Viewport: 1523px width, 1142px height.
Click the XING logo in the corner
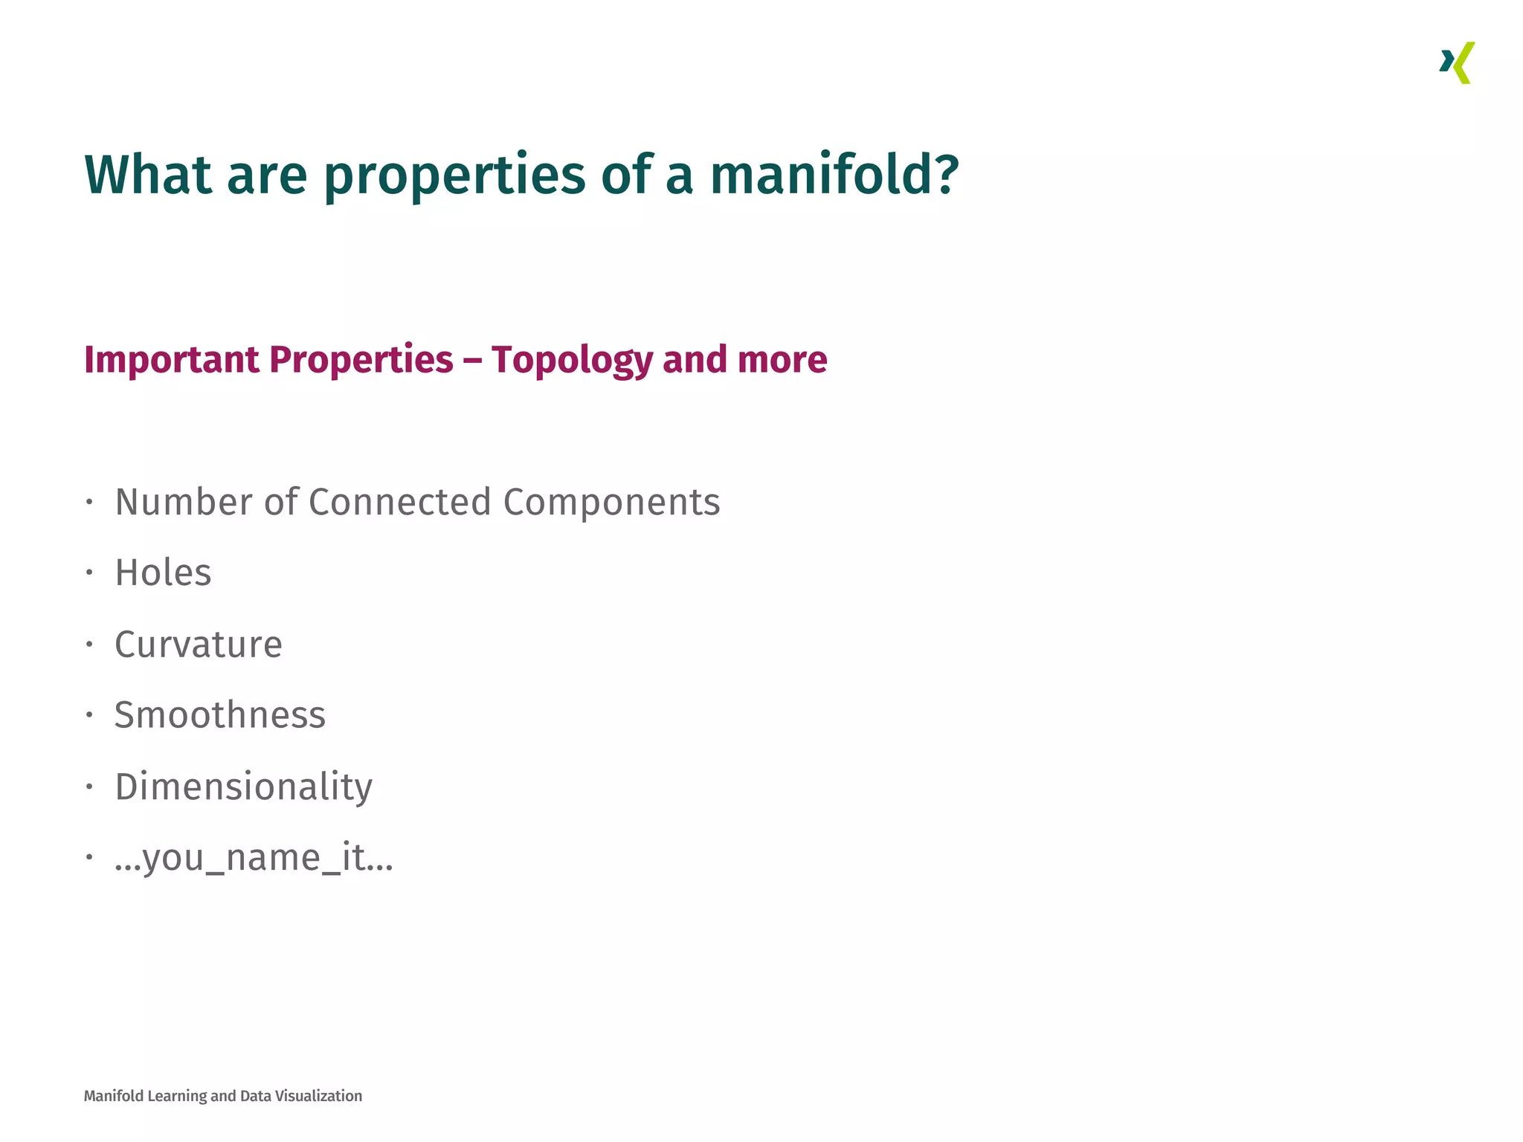pyautogui.click(x=1457, y=63)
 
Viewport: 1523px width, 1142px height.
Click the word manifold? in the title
pyautogui.click(x=834, y=175)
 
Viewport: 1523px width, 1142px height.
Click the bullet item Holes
pyautogui.click(x=163, y=573)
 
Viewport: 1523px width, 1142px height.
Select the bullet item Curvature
pyautogui.click(x=199, y=644)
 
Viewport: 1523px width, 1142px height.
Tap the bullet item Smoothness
pyautogui.click(x=220, y=715)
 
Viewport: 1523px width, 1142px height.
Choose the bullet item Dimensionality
pyautogui.click(x=244, y=787)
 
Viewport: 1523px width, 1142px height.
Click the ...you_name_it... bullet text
pyautogui.click(x=254, y=858)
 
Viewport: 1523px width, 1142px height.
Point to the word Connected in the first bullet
pyautogui.click(x=400, y=502)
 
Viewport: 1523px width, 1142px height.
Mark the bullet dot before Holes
pyautogui.click(x=89, y=572)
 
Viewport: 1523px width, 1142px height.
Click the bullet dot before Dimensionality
pyautogui.click(x=89, y=786)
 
